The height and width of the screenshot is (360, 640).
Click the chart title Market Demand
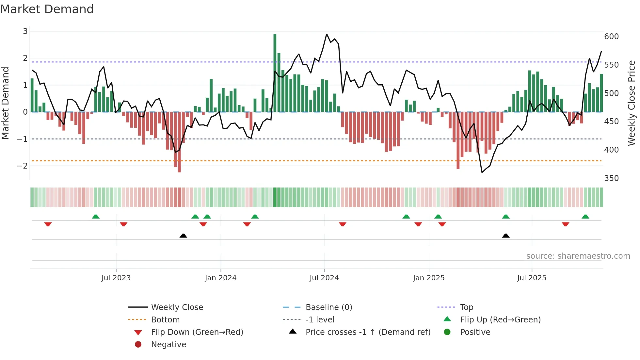[x=47, y=9]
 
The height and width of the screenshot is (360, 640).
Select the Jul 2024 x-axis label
[x=324, y=278]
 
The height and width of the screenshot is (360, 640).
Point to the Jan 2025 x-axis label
[x=428, y=278]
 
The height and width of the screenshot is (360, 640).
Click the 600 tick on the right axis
[x=611, y=37]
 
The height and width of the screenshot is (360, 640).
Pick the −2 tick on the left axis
[x=23, y=166]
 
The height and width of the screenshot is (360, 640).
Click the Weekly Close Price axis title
[x=632, y=103]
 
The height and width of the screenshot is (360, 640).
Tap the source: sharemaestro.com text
[x=578, y=256]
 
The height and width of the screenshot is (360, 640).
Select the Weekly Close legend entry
[x=177, y=307]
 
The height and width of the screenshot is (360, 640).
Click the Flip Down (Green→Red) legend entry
[x=197, y=332]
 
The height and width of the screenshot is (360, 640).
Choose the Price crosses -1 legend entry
[x=368, y=332]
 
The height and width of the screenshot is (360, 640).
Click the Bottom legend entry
[x=165, y=320]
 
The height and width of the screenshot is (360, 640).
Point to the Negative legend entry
[x=168, y=345]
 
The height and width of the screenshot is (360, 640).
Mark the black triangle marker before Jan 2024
[x=183, y=236]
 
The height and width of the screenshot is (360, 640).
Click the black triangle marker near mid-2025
[x=505, y=236]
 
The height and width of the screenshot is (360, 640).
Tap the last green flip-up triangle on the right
[x=585, y=217]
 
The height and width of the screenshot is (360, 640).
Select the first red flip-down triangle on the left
[x=48, y=224]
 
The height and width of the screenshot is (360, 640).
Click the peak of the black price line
[x=327, y=34]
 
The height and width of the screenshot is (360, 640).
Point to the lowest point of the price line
[x=482, y=172]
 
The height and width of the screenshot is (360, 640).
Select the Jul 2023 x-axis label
[x=116, y=278]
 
